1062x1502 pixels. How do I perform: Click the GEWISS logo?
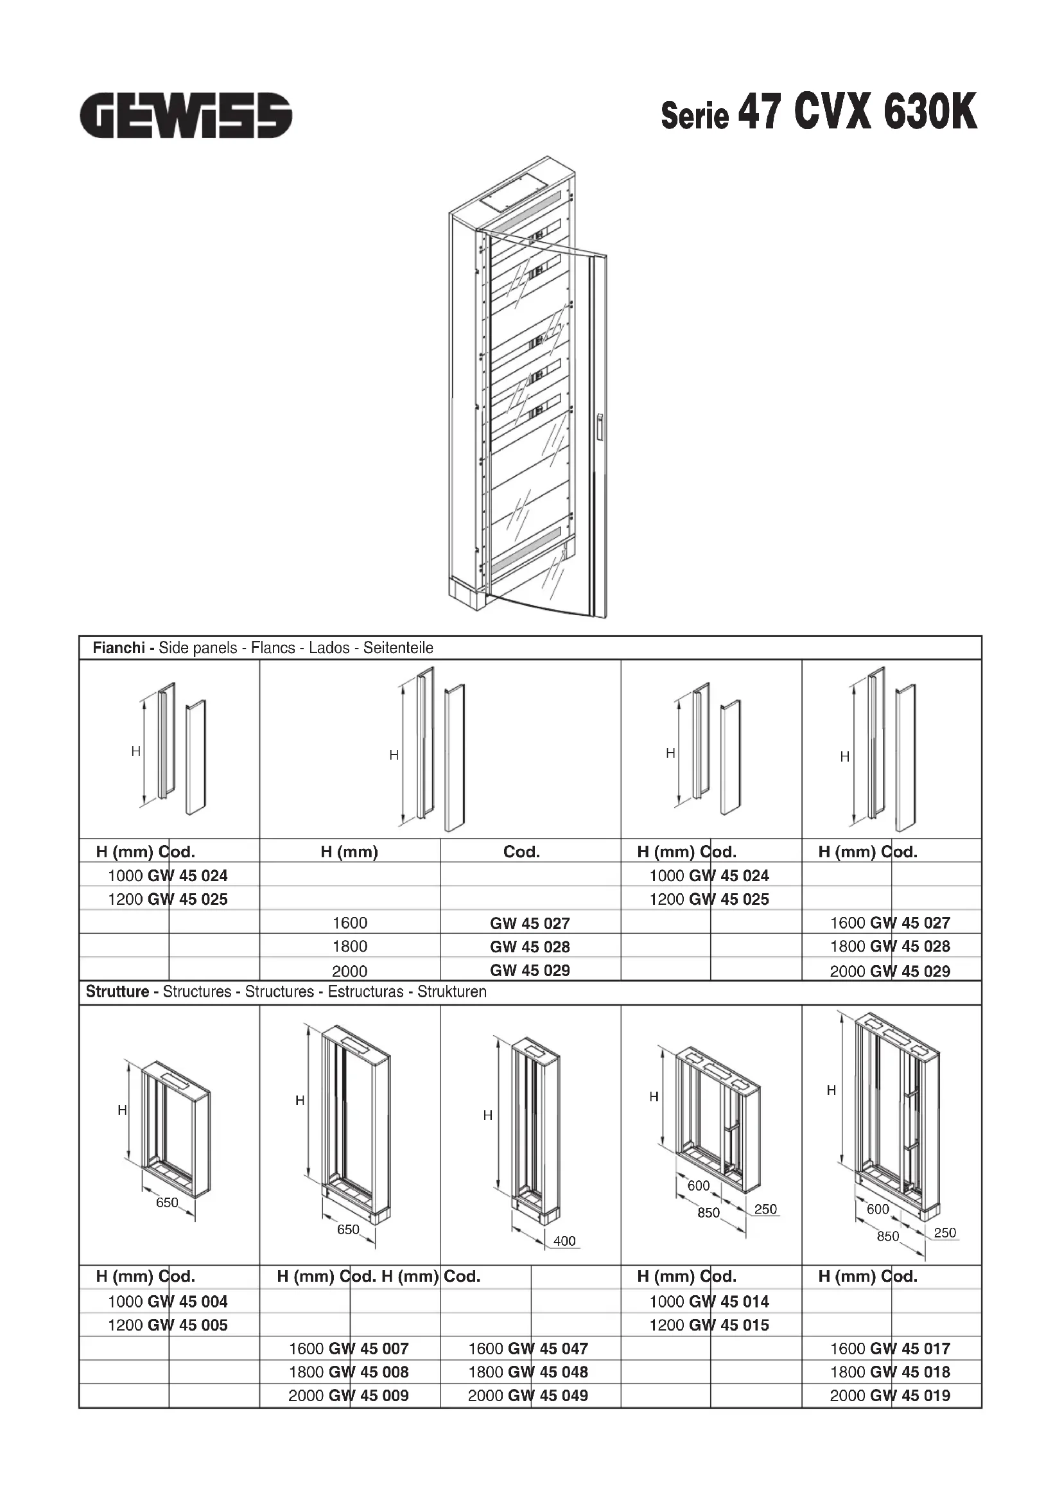click(186, 115)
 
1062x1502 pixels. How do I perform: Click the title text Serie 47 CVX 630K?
click(819, 113)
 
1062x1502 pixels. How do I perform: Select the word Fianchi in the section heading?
click(118, 648)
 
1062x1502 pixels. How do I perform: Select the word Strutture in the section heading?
click(118, 991)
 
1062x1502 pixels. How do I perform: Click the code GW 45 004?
click(187, 1301)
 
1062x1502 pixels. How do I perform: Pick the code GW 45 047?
click(548, 1349)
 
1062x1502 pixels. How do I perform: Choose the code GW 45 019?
click(910, 1395)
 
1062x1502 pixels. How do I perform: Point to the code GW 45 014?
click(729, 1301)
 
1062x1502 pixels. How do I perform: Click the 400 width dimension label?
click(564, 1241)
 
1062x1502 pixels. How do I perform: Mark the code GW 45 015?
click(729, 1325)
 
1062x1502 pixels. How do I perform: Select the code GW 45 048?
click(548, 1372)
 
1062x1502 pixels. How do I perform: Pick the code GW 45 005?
click(187, 1325)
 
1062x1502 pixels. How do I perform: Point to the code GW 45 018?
click(910, 1372)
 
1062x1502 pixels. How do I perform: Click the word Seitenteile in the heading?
click(398, 648)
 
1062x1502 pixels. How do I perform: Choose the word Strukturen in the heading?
click(452, 991)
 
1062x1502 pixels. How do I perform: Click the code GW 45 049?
click(548, 1395)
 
